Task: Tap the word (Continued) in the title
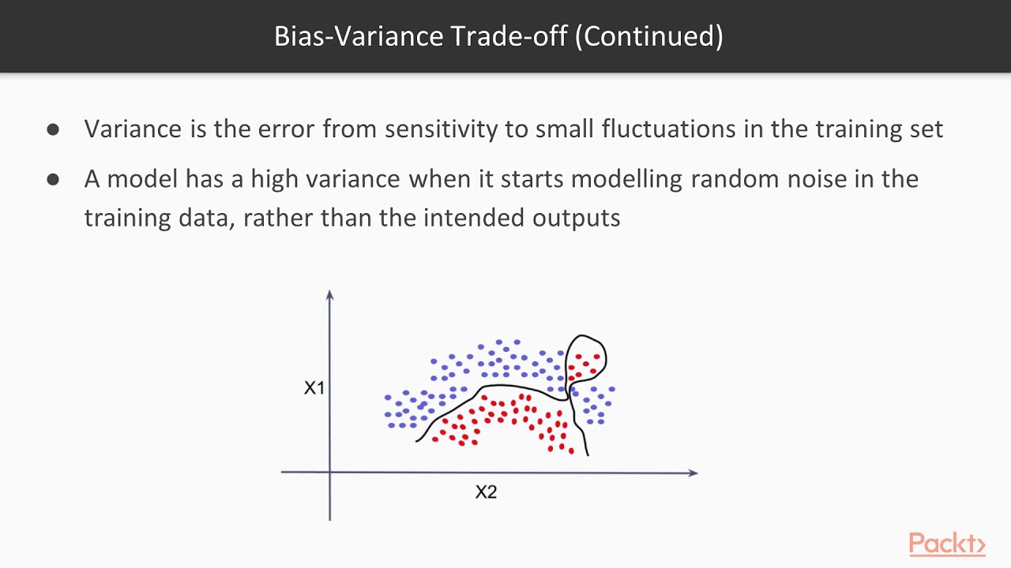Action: [648, 36]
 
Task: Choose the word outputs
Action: [576, 217]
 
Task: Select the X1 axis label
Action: [314, 388]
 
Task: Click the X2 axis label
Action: [486, 492]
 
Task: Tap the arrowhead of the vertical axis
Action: [329, 295]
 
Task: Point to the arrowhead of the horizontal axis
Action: [693, 473]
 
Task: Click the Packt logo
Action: [946, 544]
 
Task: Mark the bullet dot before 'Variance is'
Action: [53, 129]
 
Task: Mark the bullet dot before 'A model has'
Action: [53, 179]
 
